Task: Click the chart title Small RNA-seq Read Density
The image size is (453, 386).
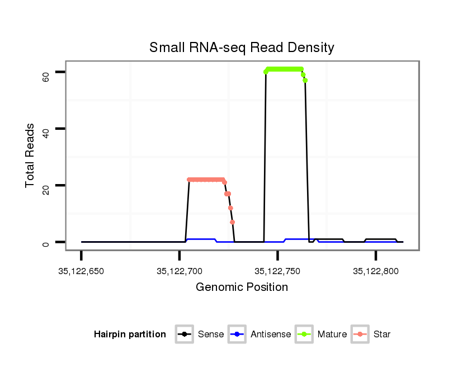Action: pyautogui.click(x=242, y=48)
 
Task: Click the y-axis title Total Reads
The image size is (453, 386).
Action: pyautogui.click(x=30, y=156)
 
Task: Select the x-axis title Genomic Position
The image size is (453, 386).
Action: pyautogui.click(x=242, y=288)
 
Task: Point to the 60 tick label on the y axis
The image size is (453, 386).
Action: pyautogui.click(x=46, y=76)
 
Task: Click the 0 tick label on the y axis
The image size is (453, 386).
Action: pyautogui.click(x=46, y=243)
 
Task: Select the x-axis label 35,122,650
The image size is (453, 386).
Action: pyautogui.click(x=81, y=272)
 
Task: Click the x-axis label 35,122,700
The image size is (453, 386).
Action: pyautogui.click(x=179, y=272)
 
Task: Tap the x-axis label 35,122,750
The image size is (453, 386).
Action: pyautogui.click(x=277, y=272)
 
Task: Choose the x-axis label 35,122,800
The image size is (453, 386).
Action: pyautogui.click(x=375, y=272)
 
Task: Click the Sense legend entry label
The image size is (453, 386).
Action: pyautogui.click(x=211, y=335)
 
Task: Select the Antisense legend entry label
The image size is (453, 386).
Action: pyautogui.click(x=271, y=335)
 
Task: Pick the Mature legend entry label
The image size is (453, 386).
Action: pyautogui.click(x=332, y=335)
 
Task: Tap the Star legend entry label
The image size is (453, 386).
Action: pyautogui.click(x=381, y=335)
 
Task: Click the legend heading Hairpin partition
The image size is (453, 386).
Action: pyautogui.click(x=130, y=335)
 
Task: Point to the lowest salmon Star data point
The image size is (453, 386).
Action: pyautogui.click(x=232, y=222)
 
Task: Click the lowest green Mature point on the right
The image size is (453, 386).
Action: pyautogui.click(x=305, y=80)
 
